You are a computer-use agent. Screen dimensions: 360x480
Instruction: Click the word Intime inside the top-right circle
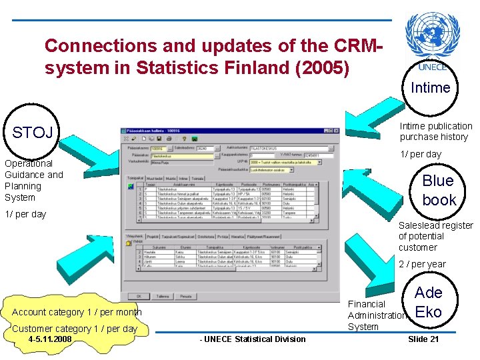click(x=430, y=87)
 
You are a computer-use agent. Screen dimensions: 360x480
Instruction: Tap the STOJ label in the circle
click(x=33, y=132)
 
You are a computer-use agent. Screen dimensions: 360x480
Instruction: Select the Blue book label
click(x=439, y=190)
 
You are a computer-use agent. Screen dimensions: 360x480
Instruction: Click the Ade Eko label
click(x=428, y=302)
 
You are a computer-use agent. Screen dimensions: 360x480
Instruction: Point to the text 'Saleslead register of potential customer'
click(x=435, y=236)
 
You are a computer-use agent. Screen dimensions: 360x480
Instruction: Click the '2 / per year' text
click(x=422, y=264)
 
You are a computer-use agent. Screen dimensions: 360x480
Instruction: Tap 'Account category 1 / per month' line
click(x=77, y=312)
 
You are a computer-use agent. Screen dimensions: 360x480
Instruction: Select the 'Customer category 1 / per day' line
click(x=74, y=329)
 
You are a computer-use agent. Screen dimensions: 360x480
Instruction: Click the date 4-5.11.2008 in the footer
click(x=50, y=339)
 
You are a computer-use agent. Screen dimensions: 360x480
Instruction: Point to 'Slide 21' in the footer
click(x=423, y=339)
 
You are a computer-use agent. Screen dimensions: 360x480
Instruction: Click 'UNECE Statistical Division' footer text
click(x=253, y=339)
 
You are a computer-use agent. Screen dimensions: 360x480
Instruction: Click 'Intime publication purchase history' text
click(x=435, y=131)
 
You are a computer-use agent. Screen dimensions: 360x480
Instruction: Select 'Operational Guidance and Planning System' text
click(x=33, y=180)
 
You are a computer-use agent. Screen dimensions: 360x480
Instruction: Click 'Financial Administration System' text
click(x=377, y=315)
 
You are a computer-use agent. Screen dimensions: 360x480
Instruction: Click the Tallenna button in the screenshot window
click(x=163, y=296)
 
